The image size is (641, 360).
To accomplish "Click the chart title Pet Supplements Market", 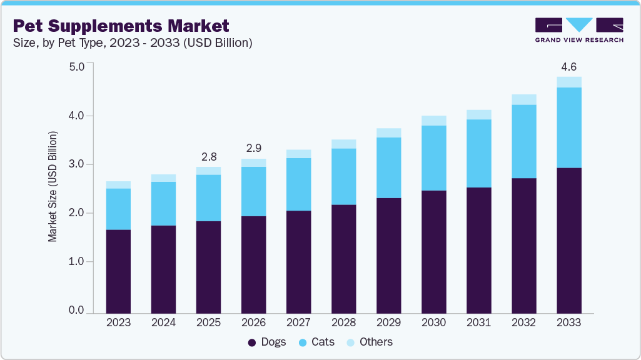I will point(121,26).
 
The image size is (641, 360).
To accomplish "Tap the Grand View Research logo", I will point(578,30).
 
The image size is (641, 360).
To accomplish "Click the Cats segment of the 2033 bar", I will point(568,127).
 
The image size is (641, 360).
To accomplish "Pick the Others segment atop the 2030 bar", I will point(433,121).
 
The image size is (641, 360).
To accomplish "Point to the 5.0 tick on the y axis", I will point(76,67).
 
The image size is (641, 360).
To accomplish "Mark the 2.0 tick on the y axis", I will point(76,213).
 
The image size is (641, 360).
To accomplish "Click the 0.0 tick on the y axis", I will point(76,311).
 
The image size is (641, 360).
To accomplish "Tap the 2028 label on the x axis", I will point(343,323).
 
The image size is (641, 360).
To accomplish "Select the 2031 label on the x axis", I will point(478,323).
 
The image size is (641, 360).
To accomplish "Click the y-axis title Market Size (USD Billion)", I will point(53,187).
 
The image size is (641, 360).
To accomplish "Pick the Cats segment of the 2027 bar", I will point(298,184).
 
